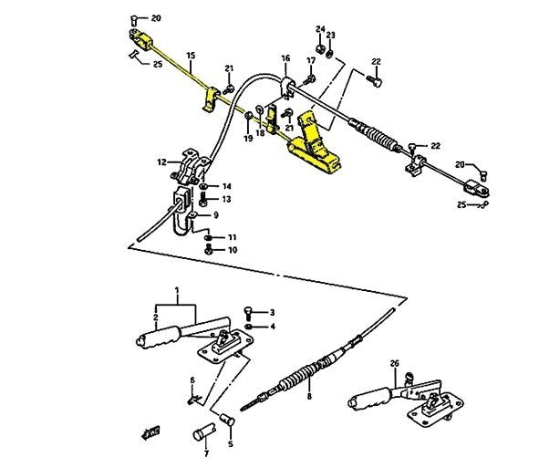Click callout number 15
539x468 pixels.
(190, 57)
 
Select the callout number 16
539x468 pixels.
(285, 58)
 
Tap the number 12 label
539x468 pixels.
(162, 162)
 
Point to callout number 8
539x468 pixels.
(308, 397)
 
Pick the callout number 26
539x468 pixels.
(394, 363)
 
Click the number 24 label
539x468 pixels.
(320, 29)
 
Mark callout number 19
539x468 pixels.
(248, 139)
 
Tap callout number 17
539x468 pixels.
(311, 61)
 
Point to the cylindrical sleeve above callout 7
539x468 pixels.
(202, 432)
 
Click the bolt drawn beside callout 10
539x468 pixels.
(209, 249)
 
